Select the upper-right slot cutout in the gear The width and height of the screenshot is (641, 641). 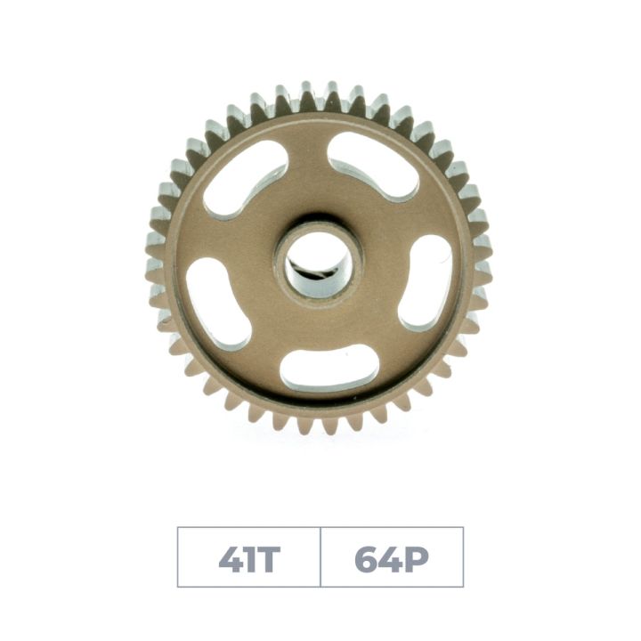click(x=373, y=166)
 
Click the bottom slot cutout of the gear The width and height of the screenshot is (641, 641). click(x=329, y=369)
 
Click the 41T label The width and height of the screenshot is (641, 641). click(x=249, y=557)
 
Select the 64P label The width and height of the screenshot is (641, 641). click(x=392, y=557)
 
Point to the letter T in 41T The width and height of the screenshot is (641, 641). click(x=268, y=557)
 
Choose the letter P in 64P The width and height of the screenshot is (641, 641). click(x=416, y=557)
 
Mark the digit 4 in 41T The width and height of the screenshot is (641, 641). click(x=229, y=557)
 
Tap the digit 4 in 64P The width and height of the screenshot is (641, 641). click(x=391, y=557)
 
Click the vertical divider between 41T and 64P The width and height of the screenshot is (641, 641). click(x=320, y=557)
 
